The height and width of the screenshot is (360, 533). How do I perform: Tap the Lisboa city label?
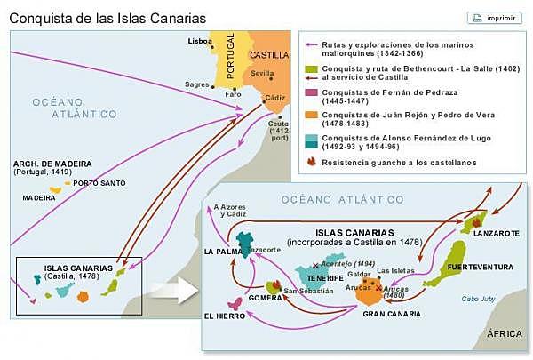click(200, 41)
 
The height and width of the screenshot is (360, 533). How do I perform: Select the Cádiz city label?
click(278, 97)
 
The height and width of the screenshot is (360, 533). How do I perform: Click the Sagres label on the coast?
click(197, 84)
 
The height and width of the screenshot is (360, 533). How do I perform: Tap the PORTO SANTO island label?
click(93, 183)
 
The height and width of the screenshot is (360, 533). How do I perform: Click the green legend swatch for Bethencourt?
click(310, 69)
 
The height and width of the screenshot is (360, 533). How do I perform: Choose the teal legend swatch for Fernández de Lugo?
click(310, 140)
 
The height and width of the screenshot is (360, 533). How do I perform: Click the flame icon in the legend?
click(310, 162)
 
